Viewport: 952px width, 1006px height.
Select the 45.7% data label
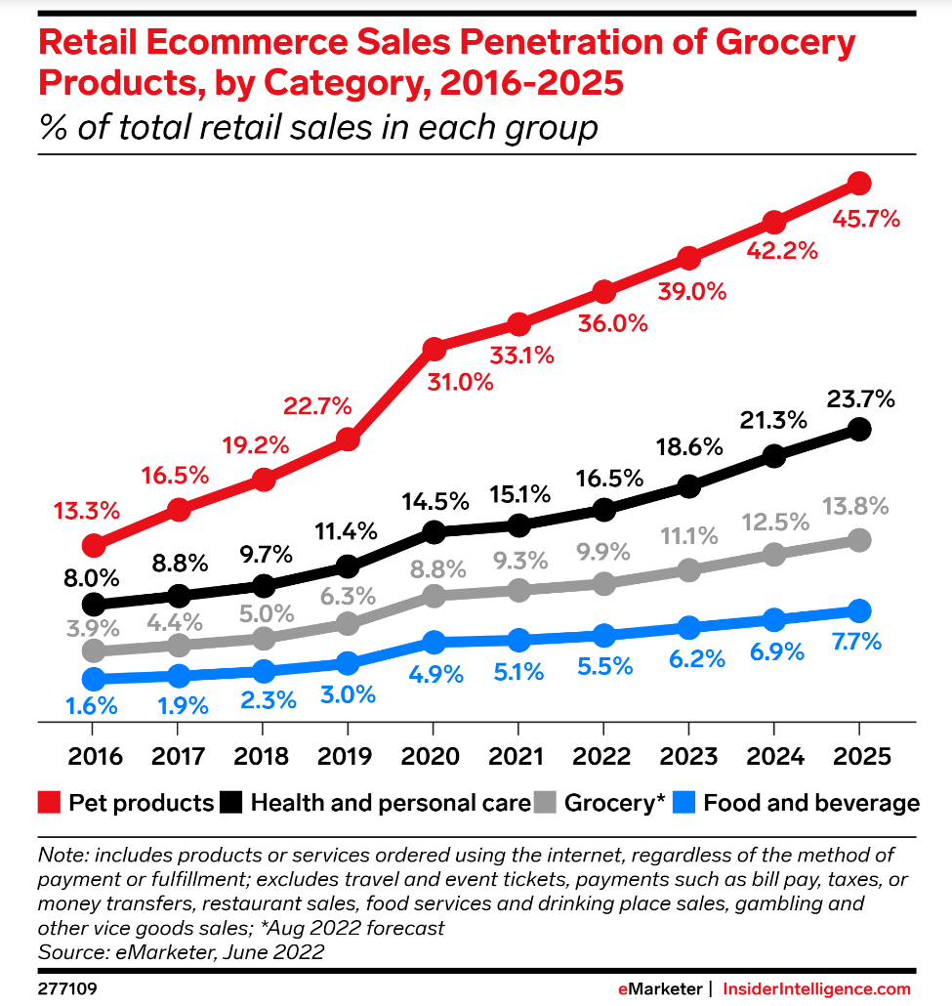[866, 219]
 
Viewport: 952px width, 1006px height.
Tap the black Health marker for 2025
[859, 429]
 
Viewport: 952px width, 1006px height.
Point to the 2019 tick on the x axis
[348, 758]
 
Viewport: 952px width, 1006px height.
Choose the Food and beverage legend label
[811, 803]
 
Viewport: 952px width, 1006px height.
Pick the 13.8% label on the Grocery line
[856, 506]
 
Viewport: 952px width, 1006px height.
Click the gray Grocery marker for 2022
[604, 583]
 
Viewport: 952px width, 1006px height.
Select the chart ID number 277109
[67, 988]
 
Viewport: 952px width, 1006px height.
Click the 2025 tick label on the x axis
[858, 758]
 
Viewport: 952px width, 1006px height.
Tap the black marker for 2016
[94, 604]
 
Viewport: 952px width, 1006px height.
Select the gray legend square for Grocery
[547, 803]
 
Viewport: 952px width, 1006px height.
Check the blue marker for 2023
[689, 627]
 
